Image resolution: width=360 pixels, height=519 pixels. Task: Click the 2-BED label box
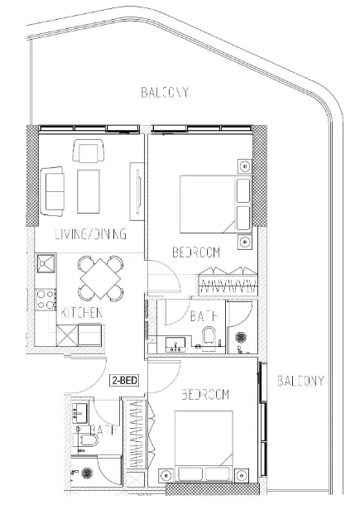pyautogui.click(x=124, y=380)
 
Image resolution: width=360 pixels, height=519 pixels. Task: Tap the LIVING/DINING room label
pyautogui.click(x=91, y=234)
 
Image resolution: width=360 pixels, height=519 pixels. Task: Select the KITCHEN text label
pyautogui.click(x=81, y=313)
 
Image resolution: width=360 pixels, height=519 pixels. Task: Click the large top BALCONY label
pyautogui.click(x=165, y=92)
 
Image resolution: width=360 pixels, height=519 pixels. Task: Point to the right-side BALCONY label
pyautogui.click(x=300, y=381)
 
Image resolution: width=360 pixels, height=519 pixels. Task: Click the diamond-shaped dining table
pyautogui.click(x=101, y=278)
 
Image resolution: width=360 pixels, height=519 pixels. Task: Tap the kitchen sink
pyautogui.click(x=46, y=263)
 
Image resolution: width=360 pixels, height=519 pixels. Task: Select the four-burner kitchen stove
pyautogui.click(x=46, y=299)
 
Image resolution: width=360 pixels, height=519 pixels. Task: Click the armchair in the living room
pyautogui.click(x=89, y=151)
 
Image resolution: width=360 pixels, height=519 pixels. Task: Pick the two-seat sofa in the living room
pyautogui.click(x=52, y=191)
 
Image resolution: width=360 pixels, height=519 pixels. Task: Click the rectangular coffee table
pyautogui.click(x=89, y=191)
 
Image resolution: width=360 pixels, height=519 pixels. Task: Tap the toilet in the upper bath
pyautogui.click(x=209, y=335)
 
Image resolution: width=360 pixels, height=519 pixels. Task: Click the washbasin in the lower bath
pyautogui.click(x=79, y=413)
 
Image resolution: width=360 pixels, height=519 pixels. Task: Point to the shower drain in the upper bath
pyautogui.click(x=241, y=337)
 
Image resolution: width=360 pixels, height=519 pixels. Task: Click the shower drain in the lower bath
pyautogui.click(x=87, y=473)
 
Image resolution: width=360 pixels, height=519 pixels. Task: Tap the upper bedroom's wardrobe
pyautogui.click(x=228, y=281)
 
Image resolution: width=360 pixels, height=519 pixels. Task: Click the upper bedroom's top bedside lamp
pyautogui.click(x=245, y=166)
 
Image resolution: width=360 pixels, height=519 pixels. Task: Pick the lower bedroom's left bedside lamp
pyautogui.click(x=166, y=476)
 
